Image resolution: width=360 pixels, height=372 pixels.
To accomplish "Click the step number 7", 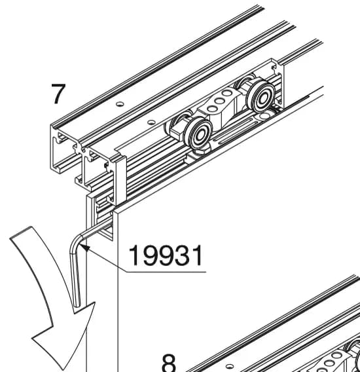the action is tap(58, 94).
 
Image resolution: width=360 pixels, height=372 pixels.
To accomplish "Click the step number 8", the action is tap(170, 363).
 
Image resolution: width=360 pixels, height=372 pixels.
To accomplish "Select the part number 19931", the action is tap(166, 255).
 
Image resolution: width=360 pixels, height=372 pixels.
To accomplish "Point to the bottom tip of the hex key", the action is tap(77, 306).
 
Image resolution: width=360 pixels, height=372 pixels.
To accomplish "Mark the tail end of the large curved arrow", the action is tap(22, 232).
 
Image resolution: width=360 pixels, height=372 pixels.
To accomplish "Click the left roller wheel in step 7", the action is tap(198, 133).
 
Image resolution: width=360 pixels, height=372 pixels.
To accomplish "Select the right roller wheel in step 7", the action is tap(261, 97).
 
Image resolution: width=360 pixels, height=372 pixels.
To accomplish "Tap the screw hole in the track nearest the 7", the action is tap(120, 103).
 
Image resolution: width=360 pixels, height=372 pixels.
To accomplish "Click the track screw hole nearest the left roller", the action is tap(151, 122).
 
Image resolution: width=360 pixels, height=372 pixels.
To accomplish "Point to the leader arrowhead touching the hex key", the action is tap(85, 248).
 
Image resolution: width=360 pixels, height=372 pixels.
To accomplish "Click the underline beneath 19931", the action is tap(166, 272).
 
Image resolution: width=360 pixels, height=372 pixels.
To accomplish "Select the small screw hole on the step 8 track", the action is tap(229, 366).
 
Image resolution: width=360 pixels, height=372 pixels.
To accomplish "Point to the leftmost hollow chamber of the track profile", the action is tap(63, 152).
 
